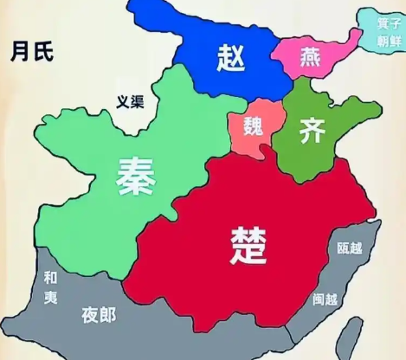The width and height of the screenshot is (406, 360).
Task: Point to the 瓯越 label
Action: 350,248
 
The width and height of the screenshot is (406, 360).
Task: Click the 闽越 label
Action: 325,299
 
